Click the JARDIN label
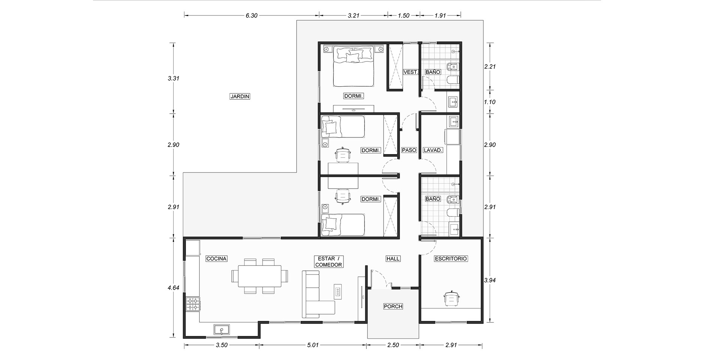pyautogui.click(x=240, y=96)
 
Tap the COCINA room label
pyautogui.click(x=216, y=259)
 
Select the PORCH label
pyautogui.click(x=393, y=306)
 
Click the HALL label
pyautogui.click(x=393, y=259)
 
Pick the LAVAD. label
pyautogui.click(x=433, y=150)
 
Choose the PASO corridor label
pyautogui.click(x=409, y=150)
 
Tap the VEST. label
pyautogui.click(x=411, y=72)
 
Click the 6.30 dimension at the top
pyautogui.click(x=251, y=15)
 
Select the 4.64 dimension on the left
pyautogui.click(x=173, y=288)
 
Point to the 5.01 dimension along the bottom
pyautogui.click(x=312, y=345)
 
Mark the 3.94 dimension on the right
pyautogui.click(x=490, y=280)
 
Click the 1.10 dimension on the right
pyautogui.click(x=490, y=102)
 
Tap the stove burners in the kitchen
pyautogui.click(x=193, y=304)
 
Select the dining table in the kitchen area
pyautogui.click(x=259, y=276)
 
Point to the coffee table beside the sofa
pyautogui.click(x=338, y=291)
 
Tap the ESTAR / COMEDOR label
pyautogui.click(x=328, y=262)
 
